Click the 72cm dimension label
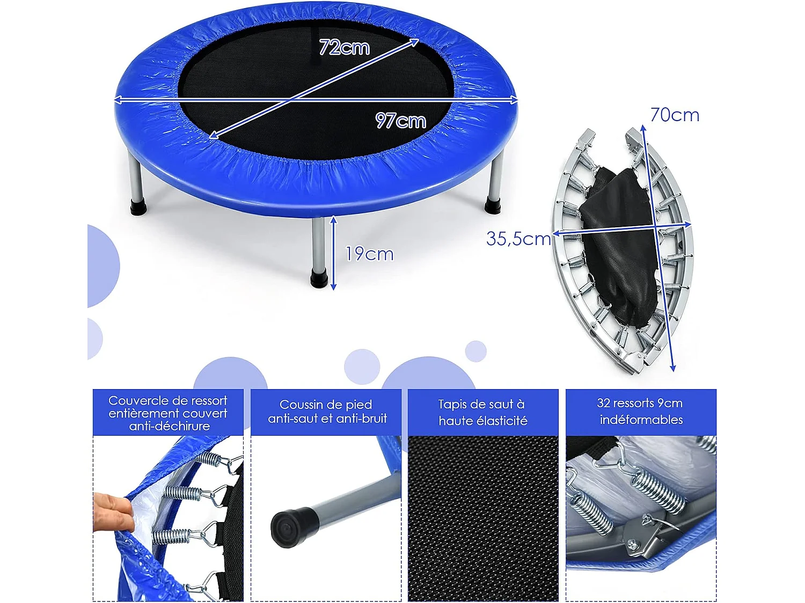(344, 47)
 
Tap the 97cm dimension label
(400, 121)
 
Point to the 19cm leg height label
(369, 254)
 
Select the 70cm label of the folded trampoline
(674, 115)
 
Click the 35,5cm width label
(518, 239)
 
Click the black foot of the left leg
(138, 207)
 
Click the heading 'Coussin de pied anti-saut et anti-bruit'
(326, 412)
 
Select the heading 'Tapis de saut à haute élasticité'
(482, 412)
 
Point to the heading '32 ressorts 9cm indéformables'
(640, 411)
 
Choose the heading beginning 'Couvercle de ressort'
(168, 413)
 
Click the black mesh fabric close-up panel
(482, 517)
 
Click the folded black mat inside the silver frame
(620, 241)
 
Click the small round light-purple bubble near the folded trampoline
(475, 351)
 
